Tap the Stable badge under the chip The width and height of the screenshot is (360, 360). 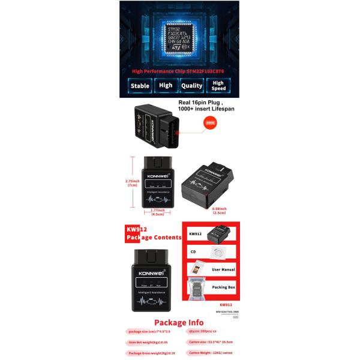pos(140,86)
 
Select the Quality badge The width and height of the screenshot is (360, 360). pos(192,86)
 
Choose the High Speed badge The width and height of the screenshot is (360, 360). pos(218,86)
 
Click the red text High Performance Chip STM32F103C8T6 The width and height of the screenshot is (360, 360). pos(179,71)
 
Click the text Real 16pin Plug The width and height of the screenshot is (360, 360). pos(201,103)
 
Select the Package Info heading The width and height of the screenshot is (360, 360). pos(178,323)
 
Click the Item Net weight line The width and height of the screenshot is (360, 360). pos(148,342)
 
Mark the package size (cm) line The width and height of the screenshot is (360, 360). pos(149,331)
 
